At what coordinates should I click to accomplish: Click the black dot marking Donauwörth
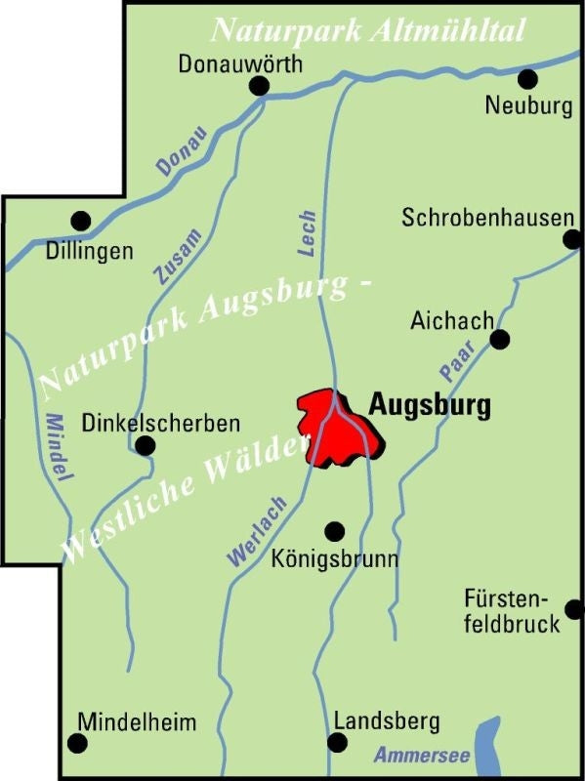coord(259,87)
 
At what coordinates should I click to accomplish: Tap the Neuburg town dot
coord(527,78)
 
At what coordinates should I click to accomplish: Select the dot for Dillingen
coord(81,221)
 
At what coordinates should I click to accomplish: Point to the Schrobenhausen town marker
coord(573,239)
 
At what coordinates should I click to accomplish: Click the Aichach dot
coord(500,339)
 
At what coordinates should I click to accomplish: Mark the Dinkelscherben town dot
coord(145,446)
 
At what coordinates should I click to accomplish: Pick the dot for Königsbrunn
coord(335,531)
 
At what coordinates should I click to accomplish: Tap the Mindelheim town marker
coord(77,743)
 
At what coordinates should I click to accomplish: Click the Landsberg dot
coord(337,743)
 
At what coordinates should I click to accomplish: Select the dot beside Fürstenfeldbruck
coord(574,609)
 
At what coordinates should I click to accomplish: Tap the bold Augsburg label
coord(429,404)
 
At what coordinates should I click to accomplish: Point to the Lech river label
coord(308,233)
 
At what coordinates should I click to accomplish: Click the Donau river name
coord(182,152)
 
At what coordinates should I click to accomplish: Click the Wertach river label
coord(257,532)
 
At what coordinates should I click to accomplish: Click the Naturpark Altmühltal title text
coord(369,29)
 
